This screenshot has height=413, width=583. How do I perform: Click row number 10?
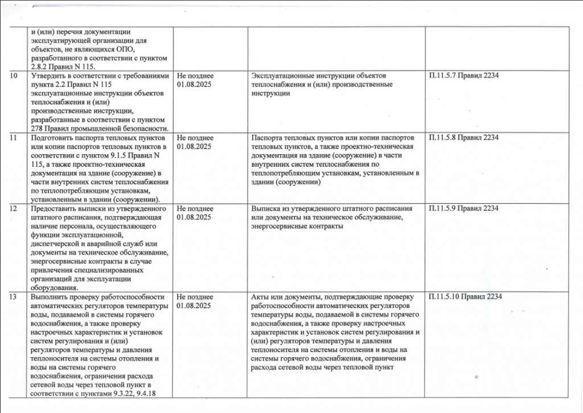14,76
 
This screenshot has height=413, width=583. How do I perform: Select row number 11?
14,138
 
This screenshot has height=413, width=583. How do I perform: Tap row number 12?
14,209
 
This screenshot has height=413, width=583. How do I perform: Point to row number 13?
14,297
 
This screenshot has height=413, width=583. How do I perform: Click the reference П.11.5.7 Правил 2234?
463,76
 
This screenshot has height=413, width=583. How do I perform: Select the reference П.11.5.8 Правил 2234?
463,138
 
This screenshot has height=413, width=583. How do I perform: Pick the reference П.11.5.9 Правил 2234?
463,209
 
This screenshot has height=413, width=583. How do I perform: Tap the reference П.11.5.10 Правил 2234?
465,297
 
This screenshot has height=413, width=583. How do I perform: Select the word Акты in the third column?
260,297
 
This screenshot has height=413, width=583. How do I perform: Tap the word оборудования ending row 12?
56,288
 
